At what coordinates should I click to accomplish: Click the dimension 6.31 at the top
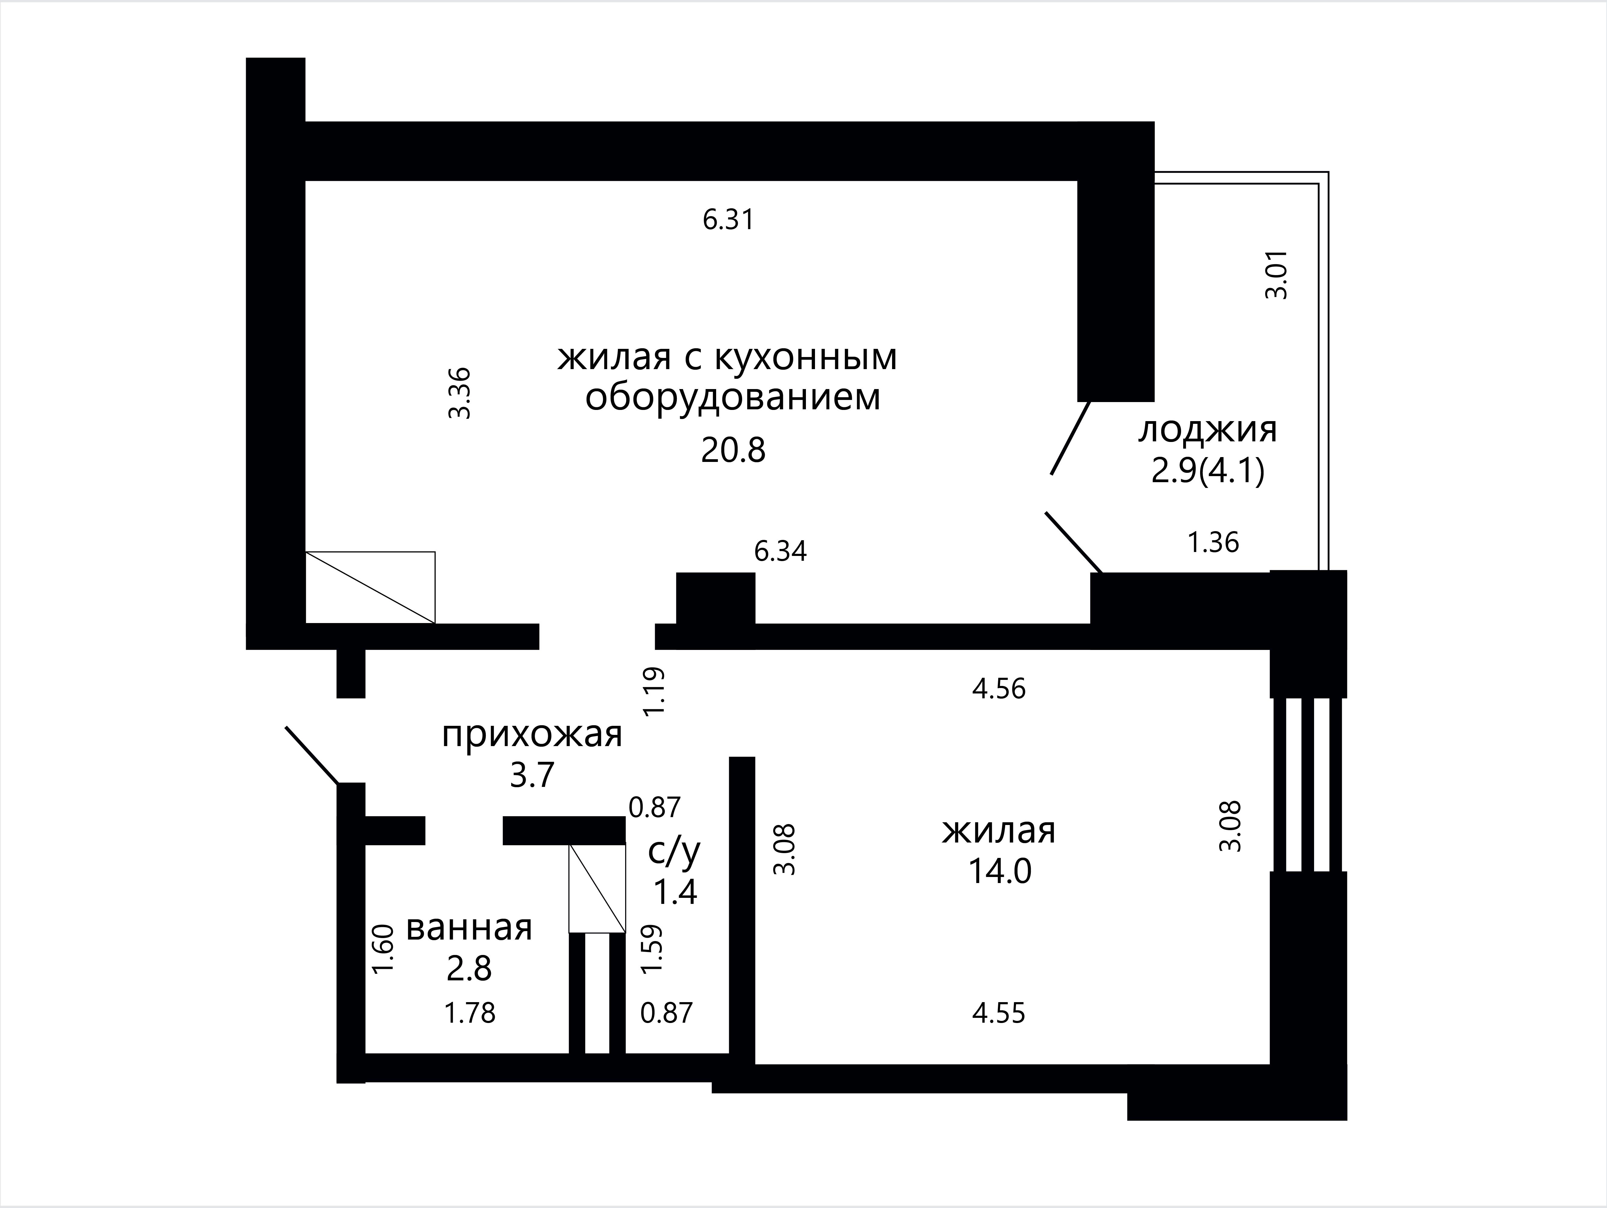[x=729, y=219]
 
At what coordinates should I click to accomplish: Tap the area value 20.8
[x=733, y=450]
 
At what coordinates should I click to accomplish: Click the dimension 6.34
[x=780, y=551]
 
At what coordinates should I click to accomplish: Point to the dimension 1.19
[x=654, y=692]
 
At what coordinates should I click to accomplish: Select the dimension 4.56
[x=999, y=689]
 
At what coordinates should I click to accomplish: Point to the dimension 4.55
[x=999, y=1013]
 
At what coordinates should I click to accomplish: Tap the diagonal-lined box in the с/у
[x=597, y=888]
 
